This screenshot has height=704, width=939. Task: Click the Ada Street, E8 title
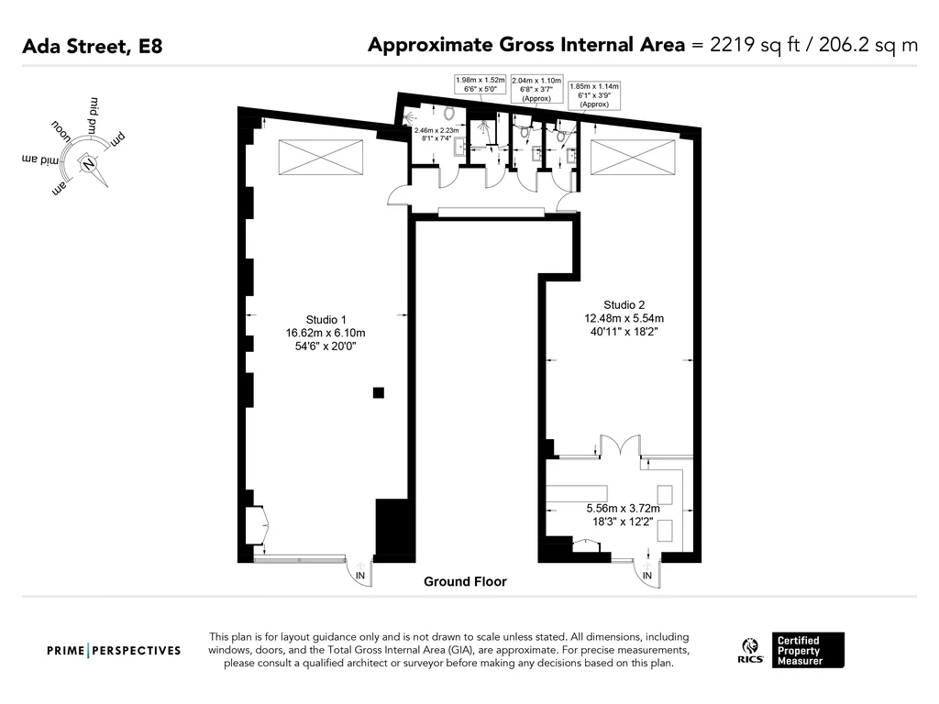click(93, 47)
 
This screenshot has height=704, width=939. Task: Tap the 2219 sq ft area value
click(755, 45)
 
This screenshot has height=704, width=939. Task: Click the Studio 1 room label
click(326, 320)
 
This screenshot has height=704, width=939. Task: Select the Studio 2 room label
click(624, 304)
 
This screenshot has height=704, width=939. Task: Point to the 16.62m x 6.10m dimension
click(326, 333)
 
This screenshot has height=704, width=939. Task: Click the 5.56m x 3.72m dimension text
click(623, 508)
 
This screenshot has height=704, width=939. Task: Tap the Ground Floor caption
click(465, 581)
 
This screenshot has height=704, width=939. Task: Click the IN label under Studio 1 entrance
click(359, 576)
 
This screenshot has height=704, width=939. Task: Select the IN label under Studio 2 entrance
click(646, 576)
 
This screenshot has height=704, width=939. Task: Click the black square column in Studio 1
click(379, 392)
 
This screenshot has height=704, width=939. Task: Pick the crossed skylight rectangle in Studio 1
click(320, 158)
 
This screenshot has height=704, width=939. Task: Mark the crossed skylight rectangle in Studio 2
click(633, 158)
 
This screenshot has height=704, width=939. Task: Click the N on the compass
click(89, 164)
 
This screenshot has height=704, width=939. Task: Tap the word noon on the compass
click(61, 131)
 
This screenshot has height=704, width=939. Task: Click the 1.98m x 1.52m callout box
click(481, 84)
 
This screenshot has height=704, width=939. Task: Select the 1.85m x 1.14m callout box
click(594, 95)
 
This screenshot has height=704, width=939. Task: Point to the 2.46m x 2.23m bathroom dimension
click(436, 134)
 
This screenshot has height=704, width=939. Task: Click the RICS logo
click(750, 651)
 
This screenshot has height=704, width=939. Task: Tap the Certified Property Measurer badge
click(808, 650)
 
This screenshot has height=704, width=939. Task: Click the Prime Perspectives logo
click(114, 651)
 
